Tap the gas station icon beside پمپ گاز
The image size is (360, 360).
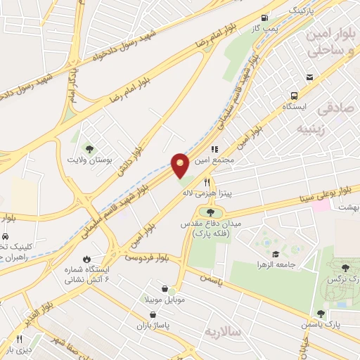point(264,18)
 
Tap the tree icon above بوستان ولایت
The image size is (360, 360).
point(89,148)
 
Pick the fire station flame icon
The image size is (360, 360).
point(86,258)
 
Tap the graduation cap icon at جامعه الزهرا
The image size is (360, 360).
point(275,254)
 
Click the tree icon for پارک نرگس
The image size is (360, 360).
point(345,267)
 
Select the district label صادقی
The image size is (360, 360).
point(333,110)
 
